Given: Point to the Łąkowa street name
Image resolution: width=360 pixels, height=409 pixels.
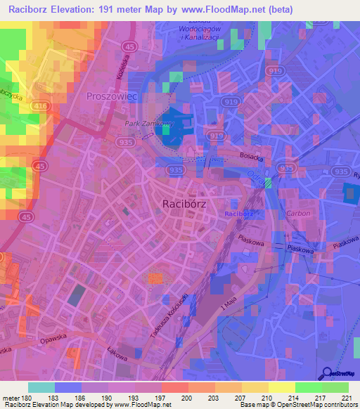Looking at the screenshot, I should click(x=118, y=356).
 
